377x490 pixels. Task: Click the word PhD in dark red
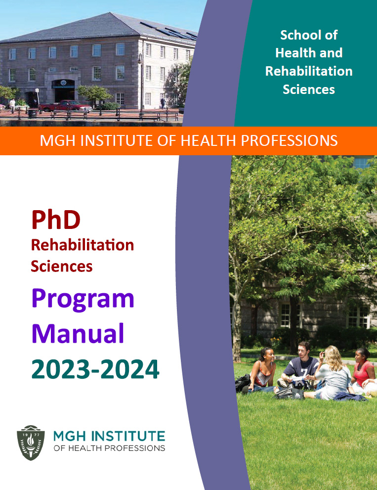point(56,220)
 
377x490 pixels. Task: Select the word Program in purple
point(83,299)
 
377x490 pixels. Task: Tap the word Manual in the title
point(78,333)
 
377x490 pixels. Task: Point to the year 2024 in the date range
point(130,369)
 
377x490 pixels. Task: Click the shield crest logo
point(31,443)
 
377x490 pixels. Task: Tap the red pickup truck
point(65,106)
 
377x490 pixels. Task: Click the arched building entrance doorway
point(63,90)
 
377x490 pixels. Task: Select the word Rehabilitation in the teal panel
point(309,71)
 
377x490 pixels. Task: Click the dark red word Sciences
point(62,267)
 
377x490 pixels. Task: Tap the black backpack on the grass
point(243,383)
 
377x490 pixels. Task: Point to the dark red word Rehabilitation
point(83,245)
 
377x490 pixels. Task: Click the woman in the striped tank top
point(262,370)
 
